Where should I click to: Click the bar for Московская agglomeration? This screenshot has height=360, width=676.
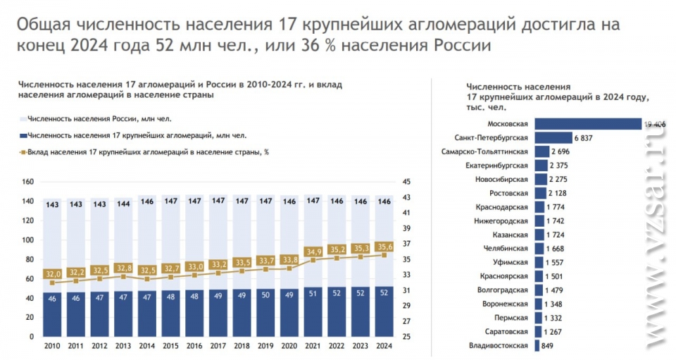coord(587,124)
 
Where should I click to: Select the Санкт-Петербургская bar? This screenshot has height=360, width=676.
coord(553,137)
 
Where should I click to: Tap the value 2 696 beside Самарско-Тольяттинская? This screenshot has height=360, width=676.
coord(565,151)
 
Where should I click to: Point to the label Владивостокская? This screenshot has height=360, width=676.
coord(498,345)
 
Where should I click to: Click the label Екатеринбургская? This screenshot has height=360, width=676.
coord(496,166)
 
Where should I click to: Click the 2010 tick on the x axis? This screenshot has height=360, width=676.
coord(52,346)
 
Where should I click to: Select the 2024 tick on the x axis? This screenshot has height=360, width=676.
coord(384,346)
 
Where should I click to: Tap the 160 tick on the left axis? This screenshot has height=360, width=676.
coord(28,182)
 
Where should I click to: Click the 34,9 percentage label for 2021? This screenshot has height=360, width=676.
coord(311,252)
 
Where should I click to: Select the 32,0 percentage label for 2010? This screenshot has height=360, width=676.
coord(53,273)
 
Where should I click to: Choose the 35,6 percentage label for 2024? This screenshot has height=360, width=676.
coord(384,247)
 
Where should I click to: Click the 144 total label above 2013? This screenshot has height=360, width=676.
coord(123,204)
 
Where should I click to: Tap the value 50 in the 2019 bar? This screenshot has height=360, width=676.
coord(265,294)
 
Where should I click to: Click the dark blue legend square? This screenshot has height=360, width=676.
coord(23,135)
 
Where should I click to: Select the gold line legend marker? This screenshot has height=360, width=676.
coord(23,151)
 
